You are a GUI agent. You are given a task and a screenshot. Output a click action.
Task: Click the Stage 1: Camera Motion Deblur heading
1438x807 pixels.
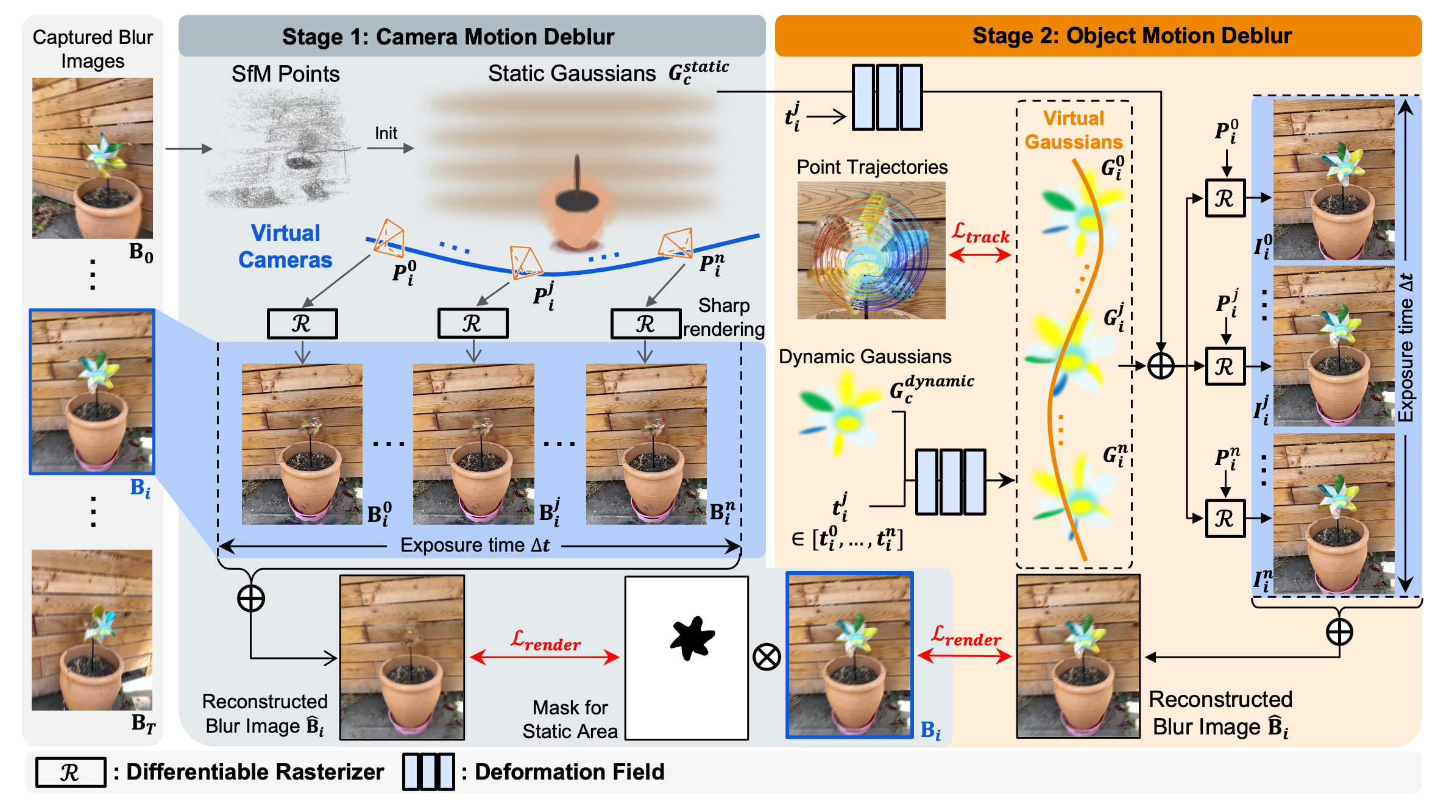pos(448,37)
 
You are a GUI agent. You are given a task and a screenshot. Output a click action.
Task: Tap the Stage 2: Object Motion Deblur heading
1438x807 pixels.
pos(1132,35)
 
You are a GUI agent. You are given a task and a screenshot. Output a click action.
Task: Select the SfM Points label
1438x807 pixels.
pos(285,74)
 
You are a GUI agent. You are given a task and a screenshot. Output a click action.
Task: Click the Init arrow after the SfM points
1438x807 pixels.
pos(390,148)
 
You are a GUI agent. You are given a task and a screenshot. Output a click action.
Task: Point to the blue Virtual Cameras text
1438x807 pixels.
pos(285,246)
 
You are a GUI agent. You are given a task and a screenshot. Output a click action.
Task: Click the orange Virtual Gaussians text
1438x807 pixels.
pos(1073,130)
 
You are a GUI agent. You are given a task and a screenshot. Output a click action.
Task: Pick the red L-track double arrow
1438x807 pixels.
pos(980,255)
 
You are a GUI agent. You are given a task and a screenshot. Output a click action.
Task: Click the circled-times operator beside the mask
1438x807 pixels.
pos(767,658)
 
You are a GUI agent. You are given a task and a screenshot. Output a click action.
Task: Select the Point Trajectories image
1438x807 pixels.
pos(871,250)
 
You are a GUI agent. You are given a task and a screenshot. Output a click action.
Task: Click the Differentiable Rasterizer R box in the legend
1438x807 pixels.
pos(70,772)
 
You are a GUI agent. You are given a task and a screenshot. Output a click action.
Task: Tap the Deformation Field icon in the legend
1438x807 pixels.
pos(428,772)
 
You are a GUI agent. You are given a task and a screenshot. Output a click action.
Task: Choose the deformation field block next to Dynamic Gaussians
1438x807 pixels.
pos(951,482)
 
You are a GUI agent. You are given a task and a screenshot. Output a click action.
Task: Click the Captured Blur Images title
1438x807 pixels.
pos(93,49)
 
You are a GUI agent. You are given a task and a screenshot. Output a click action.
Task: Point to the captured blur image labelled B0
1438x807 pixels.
pos(93,158)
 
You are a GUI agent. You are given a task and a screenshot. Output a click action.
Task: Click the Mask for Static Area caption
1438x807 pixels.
pos(570,719)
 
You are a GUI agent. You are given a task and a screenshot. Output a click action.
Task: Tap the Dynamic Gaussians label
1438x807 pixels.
pos(865,357)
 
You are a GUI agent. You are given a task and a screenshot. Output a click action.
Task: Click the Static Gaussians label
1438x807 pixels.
pos(572,74)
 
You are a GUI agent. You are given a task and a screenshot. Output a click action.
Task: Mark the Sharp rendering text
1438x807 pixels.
pos(724,317)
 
